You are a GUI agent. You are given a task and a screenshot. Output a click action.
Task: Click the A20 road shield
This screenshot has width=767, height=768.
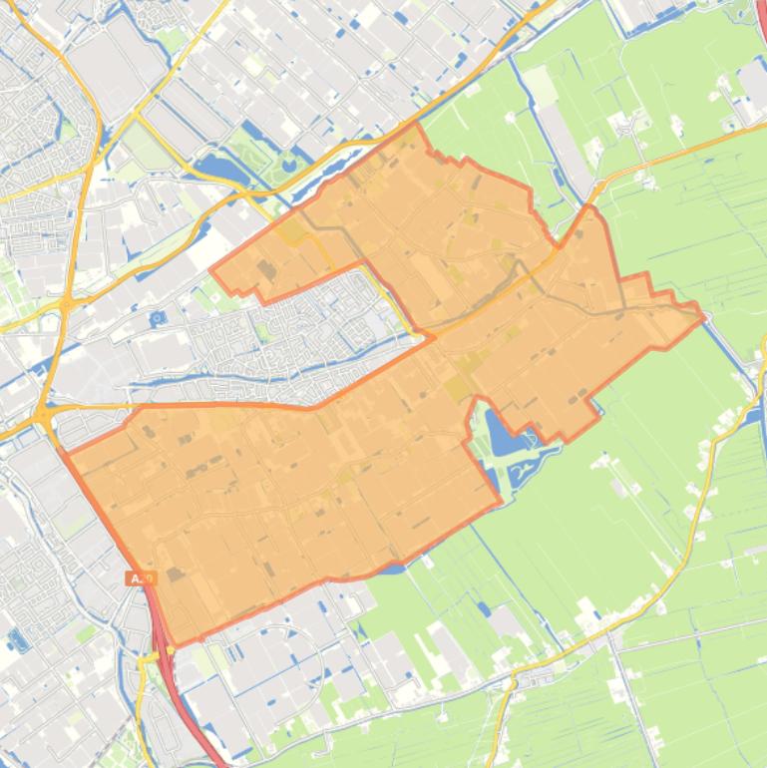[142, 578]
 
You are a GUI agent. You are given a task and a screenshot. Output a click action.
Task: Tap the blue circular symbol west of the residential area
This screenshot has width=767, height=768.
[158, 318]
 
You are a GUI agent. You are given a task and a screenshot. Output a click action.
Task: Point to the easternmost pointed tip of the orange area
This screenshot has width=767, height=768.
[704, 317]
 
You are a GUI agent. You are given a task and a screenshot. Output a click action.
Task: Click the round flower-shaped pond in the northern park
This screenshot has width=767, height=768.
[289, 160]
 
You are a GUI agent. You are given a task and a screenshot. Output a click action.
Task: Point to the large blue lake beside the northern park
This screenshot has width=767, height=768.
[221, 170]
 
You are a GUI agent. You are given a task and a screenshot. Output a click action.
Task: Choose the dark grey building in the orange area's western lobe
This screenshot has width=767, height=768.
[267, 269]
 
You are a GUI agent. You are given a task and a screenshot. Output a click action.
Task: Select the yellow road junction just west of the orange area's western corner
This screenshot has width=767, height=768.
[42, 415]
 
